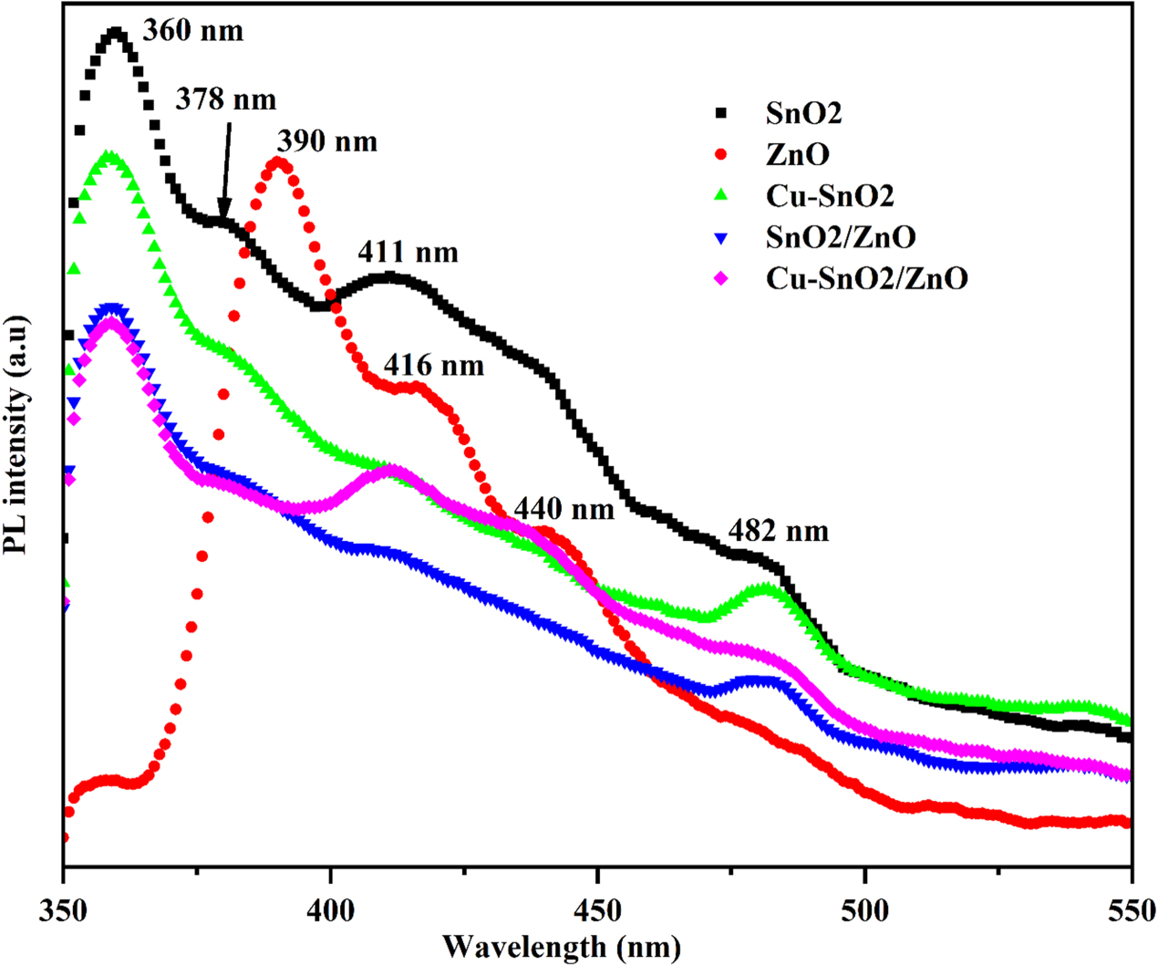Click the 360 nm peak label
pyautogui.click(x=193, y=31)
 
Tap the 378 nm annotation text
pyautogui.click(x=225, y=99)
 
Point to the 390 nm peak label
pyautogui.click(x=326, y=141)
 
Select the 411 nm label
pyautogui.click(x=408, y=252)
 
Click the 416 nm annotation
pyautogui.click(x=433, y=366)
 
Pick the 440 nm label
pyautogui.click(x=564, y=508)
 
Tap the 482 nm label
pyautogui.click(x=779, y=531)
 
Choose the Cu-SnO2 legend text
pyautogui.click(x=830, y=196)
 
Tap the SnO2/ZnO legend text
pyautogui.click(x=841, y=237)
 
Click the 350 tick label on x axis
pyautogui.click(x=64, y=910)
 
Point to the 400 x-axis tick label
pyautogui.click(x=331, y=910)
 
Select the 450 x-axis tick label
pyautogui.click(x=597, y=910)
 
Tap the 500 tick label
pyautogui.click(x=864, y=910)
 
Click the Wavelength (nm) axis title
pyautogui.click(x=562, y=946)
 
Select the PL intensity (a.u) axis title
pyautogui.click(x=18, y=435)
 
